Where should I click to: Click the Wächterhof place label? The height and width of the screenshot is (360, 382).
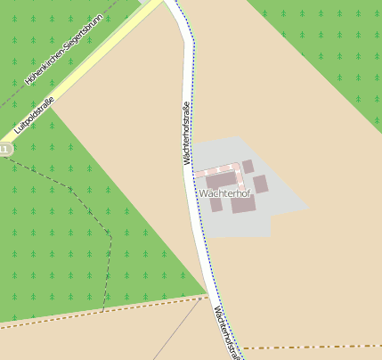click(225, 192)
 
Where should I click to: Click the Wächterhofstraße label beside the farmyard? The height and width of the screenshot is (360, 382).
click(187, 134)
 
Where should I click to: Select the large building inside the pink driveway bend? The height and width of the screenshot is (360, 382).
click(221, 180)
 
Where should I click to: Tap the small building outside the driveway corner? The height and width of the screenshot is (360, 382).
click(248, 167)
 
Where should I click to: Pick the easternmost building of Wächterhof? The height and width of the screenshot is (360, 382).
click(260, 184)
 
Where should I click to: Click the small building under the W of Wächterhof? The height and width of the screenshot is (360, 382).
click(215, 205)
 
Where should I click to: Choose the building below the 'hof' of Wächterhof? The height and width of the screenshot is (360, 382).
click(243, 205)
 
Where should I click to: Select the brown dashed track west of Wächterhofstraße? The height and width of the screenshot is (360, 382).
click(89, 313)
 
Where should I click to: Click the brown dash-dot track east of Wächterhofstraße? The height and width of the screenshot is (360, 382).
click(312, 347)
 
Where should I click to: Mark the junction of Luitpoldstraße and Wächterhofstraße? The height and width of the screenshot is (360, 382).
click(166, 4)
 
